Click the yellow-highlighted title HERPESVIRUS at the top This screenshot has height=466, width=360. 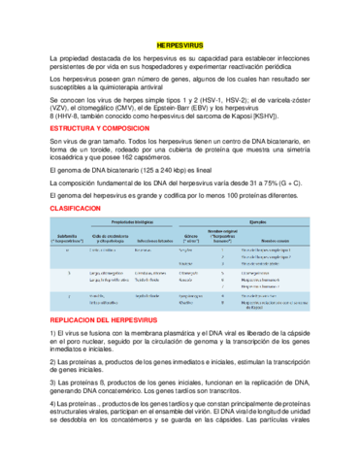(180, 45)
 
